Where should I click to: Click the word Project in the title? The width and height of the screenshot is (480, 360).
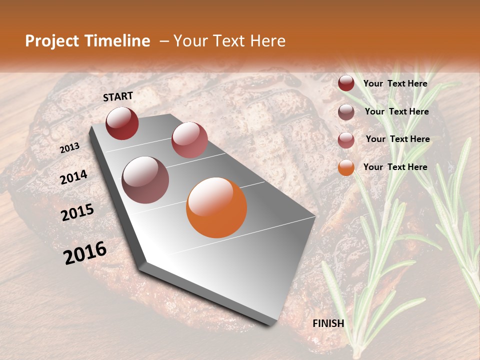click(52, 41)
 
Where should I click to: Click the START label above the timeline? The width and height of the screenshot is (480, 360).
click(118, 96)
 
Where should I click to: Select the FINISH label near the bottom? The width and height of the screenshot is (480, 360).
click(328, 323)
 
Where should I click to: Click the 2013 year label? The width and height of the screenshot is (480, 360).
click(70, 148)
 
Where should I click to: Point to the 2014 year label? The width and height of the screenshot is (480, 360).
click(74, 177)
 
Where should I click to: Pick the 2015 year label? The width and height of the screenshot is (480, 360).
click(77, 212)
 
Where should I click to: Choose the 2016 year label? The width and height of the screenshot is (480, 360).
click(85, 253)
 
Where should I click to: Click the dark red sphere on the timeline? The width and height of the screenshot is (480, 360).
click(122, 123)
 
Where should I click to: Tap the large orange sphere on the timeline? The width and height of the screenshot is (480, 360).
click(216, 207)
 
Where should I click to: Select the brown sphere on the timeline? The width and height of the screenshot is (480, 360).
click(145, 180)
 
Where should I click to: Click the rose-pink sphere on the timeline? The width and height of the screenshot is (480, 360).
click(189, 140)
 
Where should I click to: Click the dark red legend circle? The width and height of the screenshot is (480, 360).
click(346, 83)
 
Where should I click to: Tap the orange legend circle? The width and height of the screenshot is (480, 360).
click(346, 167)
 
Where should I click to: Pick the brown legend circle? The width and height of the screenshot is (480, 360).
click(346, 112)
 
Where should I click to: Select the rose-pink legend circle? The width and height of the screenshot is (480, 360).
click(346, 140)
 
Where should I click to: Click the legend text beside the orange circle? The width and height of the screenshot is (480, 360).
click(395, 167)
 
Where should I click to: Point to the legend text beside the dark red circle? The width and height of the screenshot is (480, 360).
click(395, 83)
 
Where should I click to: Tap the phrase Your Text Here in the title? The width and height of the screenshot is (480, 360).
click(229, 41)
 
